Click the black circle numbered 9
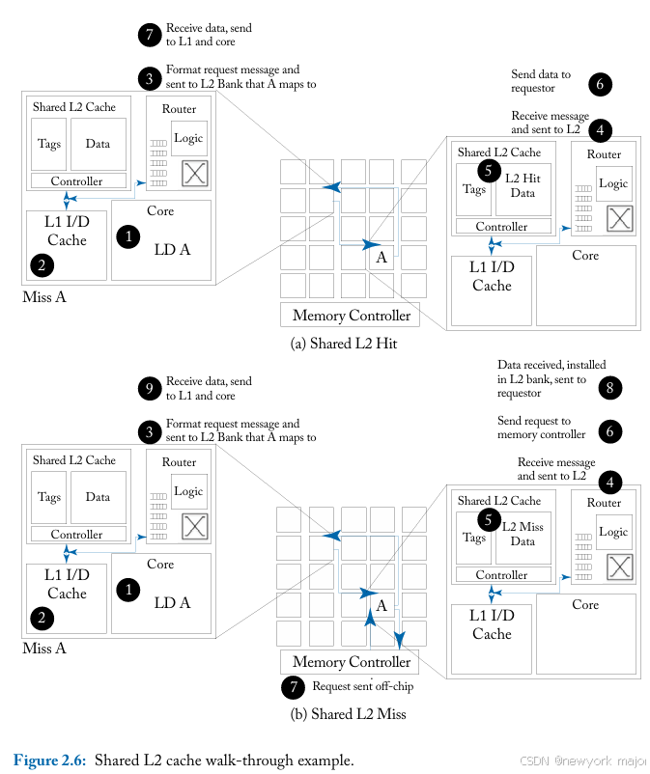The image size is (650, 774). (148, 388)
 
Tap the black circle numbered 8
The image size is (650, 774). (609, 389)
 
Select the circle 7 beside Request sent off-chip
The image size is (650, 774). (292, 688)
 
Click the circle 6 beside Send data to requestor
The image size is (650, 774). (599, 84)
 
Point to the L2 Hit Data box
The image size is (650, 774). (523, 186)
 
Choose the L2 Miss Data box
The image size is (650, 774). (523, 535)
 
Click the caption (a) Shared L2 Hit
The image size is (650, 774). (344, 344)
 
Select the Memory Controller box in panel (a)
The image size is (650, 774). (351, 316)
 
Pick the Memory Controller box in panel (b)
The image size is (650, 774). (351, 663)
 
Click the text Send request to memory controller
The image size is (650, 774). (541, 428)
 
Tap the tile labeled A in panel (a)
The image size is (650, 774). (382, 258)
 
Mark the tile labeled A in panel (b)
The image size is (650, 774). (382, 605)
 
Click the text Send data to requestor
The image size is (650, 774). (541, 81)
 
